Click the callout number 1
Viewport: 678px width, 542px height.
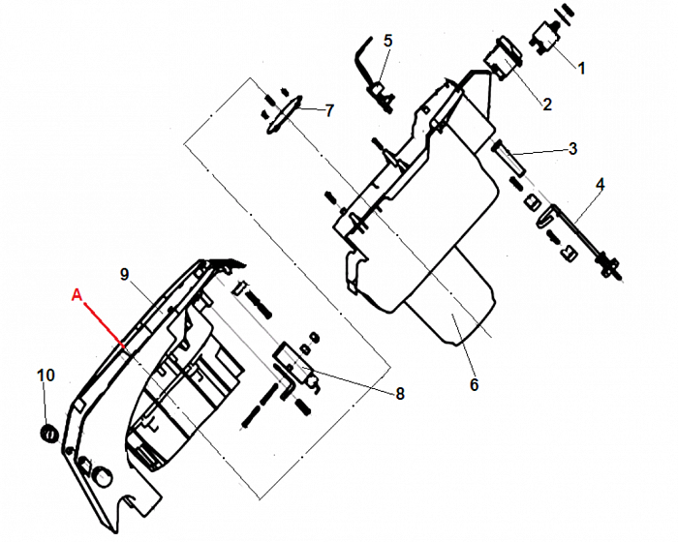point(581,68)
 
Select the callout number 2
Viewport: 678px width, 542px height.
point(547,105)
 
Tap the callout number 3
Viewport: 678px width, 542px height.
point(573,149)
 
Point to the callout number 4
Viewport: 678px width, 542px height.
point(601,185)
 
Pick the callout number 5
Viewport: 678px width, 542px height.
point(387,41)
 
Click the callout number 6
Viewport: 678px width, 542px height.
point(475,384)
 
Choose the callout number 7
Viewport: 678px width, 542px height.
point(329,110)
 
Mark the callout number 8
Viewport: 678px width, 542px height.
point(400,393)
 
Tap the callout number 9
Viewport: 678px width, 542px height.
point(125,274)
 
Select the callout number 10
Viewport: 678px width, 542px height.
point(46,376)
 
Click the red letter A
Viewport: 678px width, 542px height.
point(77,295)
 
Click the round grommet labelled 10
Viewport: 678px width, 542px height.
point(48,433)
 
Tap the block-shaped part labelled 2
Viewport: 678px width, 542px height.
point(503,58)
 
